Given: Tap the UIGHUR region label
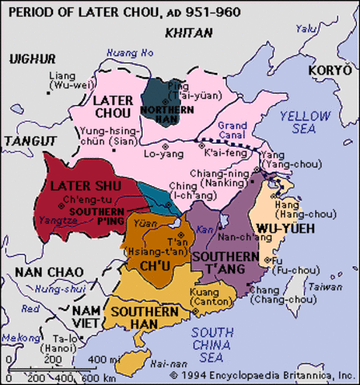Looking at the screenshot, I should tap(32, 59).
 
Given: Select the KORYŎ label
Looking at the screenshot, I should tap(330, 71).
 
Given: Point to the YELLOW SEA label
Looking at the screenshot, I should tap(304, 122).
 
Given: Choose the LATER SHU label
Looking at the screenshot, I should tap(74, 186).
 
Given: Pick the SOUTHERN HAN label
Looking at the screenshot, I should tap(139, 317).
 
